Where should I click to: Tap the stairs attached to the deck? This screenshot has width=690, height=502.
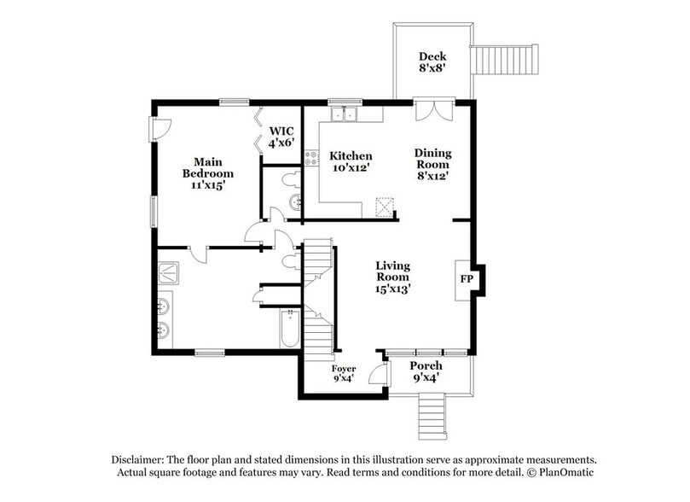click(x=506, y=60)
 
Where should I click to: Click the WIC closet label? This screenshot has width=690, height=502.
click(x=281, y=137)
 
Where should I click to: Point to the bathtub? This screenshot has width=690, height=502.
click(x=290, y=329)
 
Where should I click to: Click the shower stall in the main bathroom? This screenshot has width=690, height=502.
click(x=167, y=273)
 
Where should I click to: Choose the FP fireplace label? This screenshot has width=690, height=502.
click(x=467, y=279)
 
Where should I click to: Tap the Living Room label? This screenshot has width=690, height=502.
click(x=392, y=277)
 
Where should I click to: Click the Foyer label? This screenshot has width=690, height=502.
click(x=344, y=373)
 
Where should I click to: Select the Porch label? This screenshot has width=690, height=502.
click(x=427, y=372)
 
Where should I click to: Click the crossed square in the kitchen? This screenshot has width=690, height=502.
click(x=386, y=207)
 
